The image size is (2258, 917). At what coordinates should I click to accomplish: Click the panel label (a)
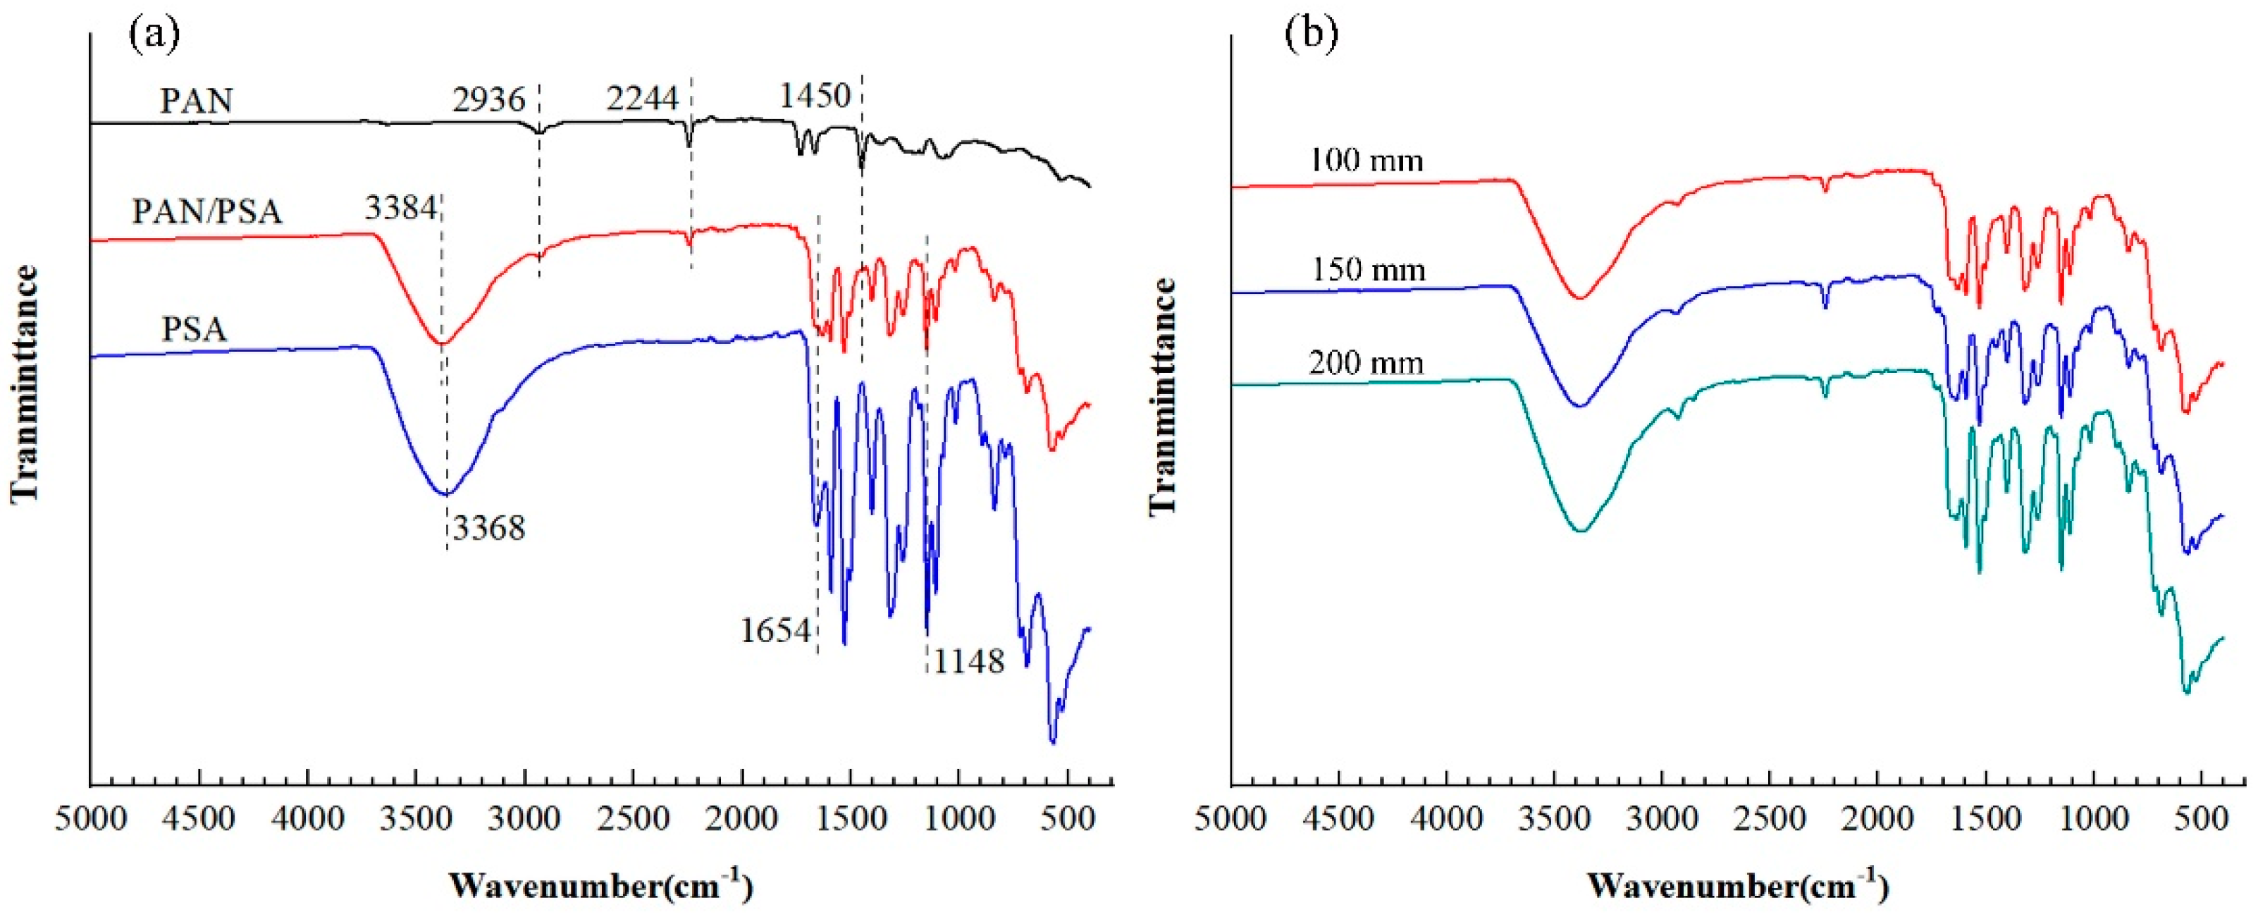pos(154,35)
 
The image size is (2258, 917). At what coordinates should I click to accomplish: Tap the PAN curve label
pos(197,101)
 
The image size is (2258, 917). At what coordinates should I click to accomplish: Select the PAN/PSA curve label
pos(208,211)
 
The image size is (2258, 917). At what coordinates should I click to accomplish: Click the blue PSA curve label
pos(195,330)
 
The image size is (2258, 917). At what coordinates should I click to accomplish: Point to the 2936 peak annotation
pos(488,100)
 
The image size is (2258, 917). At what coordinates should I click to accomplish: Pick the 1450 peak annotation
pos(815,96)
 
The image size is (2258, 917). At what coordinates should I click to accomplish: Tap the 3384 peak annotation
pos(400,209)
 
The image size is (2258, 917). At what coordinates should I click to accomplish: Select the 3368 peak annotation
pos(488,529)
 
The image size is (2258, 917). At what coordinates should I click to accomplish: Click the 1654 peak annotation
pos(775,630)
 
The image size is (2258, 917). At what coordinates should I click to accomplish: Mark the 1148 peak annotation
pos(968,662)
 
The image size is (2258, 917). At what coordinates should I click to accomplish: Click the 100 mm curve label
pos(1366,161)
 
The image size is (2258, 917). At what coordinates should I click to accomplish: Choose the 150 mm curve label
pos(1369,270)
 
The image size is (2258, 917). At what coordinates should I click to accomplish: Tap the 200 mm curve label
pos(1366,363)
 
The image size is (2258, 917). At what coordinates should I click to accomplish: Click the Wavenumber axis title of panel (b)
pos(1737,885)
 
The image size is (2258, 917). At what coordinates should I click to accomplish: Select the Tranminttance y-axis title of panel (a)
pos(25,385)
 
